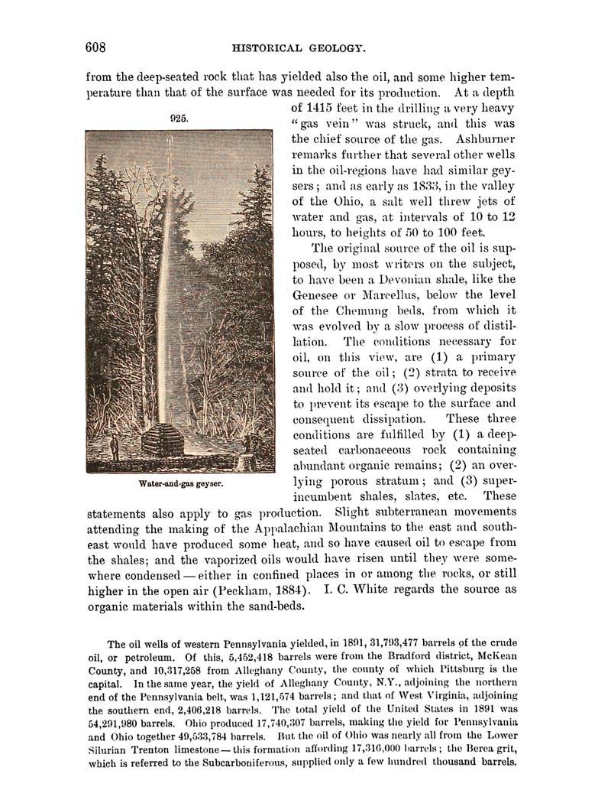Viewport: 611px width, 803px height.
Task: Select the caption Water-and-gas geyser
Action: click(180, 483)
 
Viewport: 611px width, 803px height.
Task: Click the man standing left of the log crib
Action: click(114, 447)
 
